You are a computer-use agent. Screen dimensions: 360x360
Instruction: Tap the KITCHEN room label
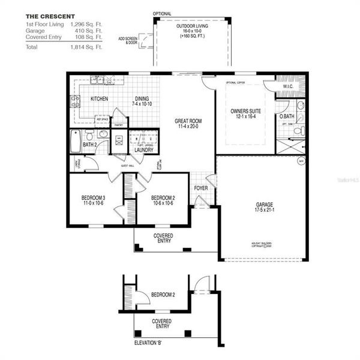99,98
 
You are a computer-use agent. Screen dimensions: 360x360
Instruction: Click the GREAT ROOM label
188,124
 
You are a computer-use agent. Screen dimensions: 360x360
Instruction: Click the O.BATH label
286,116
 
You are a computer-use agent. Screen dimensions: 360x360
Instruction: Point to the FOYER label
200,187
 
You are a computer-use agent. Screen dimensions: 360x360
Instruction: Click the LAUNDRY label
144,150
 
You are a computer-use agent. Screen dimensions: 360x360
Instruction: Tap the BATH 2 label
90,145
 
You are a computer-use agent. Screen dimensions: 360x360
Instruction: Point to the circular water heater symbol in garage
301,161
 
